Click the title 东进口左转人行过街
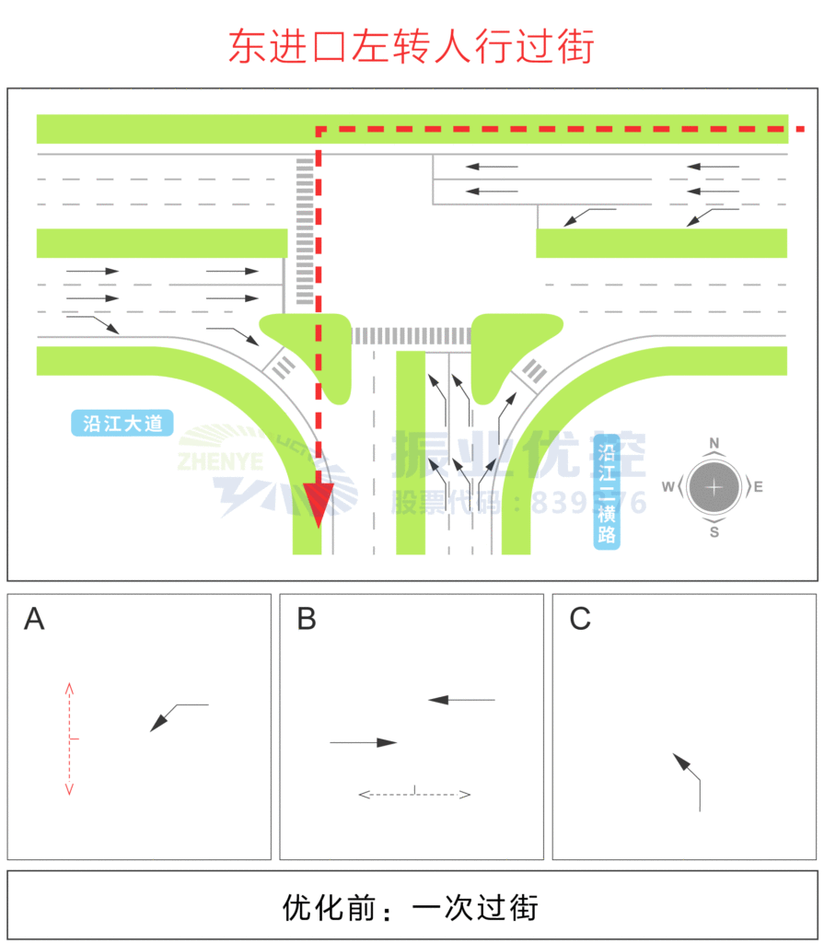click(x=412, y=47)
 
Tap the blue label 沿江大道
click(x=122, y=424)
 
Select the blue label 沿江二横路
click(x=607, y=493)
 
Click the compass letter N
click(x=714, y=443)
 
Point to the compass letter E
click(x=758, y=486)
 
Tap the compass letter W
click(x=668, y=486)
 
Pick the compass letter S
click(x=714, y=531)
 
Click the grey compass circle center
click(x=714, y=486)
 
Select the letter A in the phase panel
click(x=34, y=620)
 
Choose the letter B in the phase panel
click(x=307, y=620)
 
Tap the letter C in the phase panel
click(x=579, y=620)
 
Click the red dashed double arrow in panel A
click(x=70, y=739)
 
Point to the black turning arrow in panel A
click(x=178, y=716)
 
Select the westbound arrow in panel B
click(x=461, y=700)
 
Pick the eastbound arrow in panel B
click(x=364, y=742)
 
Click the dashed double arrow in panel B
click(x=414, y=793)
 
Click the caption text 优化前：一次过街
click(x=411, y=908)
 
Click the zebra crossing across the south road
click(x=411, y=336)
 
